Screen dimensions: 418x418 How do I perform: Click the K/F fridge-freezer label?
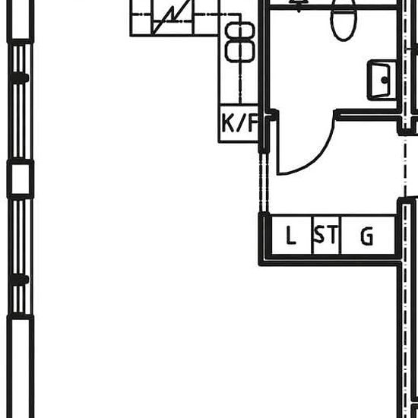click(x=240, y=123)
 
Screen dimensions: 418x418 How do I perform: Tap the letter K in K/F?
click(x=228, y=123)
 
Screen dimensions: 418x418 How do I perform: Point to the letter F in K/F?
click(x=253, y=123)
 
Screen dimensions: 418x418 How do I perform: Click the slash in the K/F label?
click(x=240, y=123)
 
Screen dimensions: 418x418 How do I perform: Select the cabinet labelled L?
click(x=291, y=235)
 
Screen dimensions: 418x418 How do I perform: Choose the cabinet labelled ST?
click(x=326, y=235)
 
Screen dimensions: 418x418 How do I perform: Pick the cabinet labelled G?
click(x=368, y=235)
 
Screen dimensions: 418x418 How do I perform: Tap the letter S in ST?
click(x=319, y=234)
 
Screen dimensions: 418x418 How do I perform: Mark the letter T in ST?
click(x=332, y=234)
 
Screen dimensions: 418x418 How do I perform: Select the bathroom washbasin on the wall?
click(x=382, y=80)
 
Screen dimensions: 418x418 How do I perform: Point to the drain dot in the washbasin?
click(x=385, y=80)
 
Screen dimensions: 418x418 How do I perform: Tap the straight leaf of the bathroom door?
click(x=278, y=143)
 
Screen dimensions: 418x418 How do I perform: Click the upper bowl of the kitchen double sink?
click(x=240, y=30)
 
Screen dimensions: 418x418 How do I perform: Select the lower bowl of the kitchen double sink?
click(x=240, y=51)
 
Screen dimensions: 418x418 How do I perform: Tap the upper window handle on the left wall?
click(x=20, y=78)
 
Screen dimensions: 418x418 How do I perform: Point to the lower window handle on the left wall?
click(x=20, y=280)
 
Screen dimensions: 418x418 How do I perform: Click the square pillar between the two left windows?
click(x=21, y=179)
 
